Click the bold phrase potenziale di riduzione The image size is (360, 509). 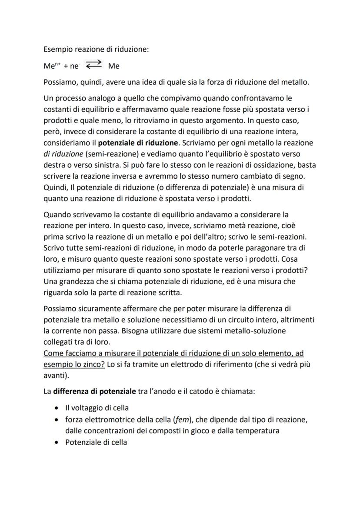[x=138, y=143]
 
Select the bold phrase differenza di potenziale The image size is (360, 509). [x=94, y=391]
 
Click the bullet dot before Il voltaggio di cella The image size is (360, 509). [x=57, y=409]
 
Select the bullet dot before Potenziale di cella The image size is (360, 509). [x=57, y=442]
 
